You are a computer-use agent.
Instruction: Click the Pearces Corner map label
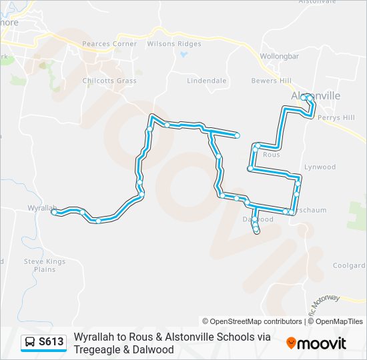pyautogui.click(x=109, y=44)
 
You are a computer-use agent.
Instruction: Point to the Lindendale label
pyautogui.click(x=206, y=81)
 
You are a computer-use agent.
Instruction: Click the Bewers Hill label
pyautogui.click(x=271, y=81)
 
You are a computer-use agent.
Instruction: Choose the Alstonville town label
pyautogui.click(x=316, y=96)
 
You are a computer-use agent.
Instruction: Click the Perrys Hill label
pyautogui.click(x=336, y=117)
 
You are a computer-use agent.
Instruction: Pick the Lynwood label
pyautogui.click(x=320, y=167)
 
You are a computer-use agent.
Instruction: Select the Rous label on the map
pyautogui.click(x=272, y=154)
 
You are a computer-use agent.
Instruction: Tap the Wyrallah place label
pyautogui.click(x=41, y=208)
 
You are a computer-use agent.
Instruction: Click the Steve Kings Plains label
pyautogui.click(x=45, y=265)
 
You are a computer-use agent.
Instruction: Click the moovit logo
pyautogui.click(x=316, y=343)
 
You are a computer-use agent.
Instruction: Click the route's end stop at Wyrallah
pyautogui.click(x=54, y=211)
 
